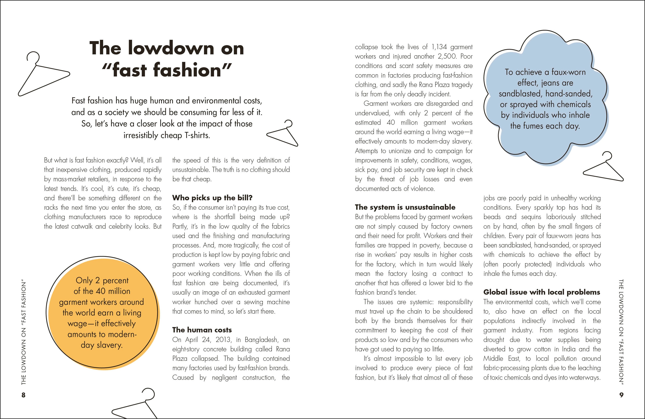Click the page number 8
[23, 395]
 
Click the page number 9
[621, 395]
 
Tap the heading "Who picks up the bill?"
[212, 198]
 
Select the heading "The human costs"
[202, 330]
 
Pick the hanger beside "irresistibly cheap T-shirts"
[283, 133]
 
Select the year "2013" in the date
[223, 340]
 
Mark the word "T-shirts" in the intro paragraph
[197, 135]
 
